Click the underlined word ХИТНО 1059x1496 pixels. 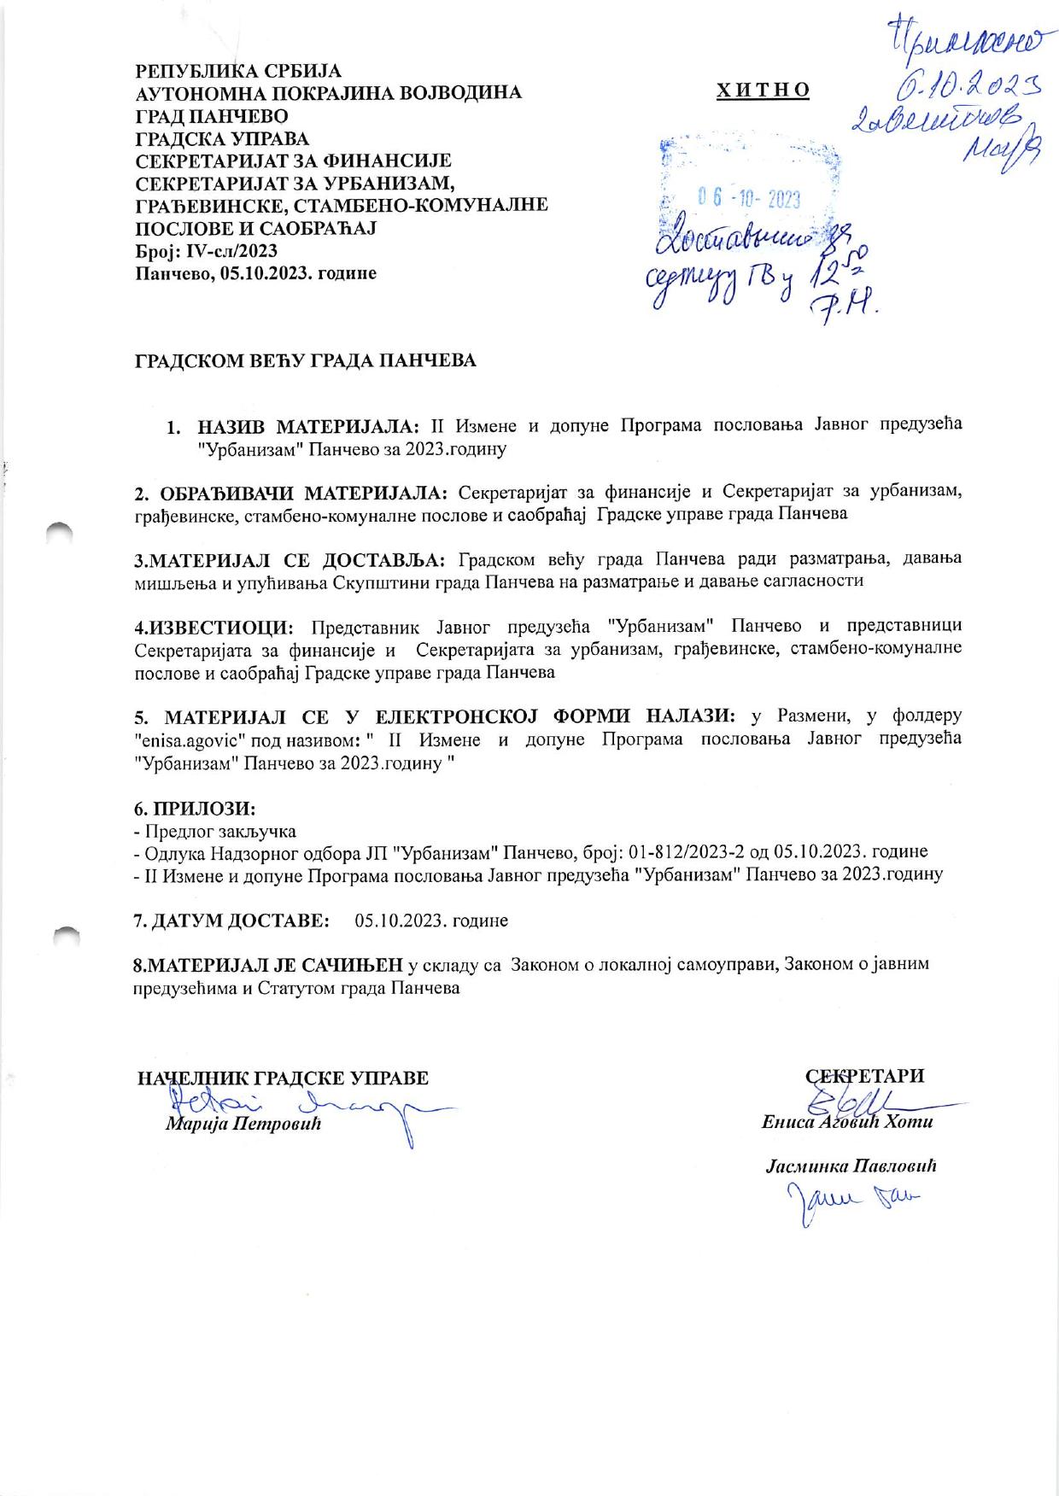pyautogui.click(x=763, y=91)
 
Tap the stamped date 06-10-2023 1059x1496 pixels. pyautogui.click(x=749, y=199)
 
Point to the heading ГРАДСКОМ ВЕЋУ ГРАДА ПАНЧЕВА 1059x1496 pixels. pyautogui.click(x=305, y=360)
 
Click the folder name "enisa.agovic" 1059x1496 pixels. pyautogui.click(x=189, y=739)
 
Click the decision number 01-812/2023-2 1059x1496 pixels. pyautogui.click(x=688, y=852)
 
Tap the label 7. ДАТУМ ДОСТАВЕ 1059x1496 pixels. pyautogui.click(x=231, y=920)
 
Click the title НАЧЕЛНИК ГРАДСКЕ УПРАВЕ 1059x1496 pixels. pyautogui.click(x=283, y=1078)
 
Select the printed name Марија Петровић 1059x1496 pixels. pyautogui.click(x=243, y=1124)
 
